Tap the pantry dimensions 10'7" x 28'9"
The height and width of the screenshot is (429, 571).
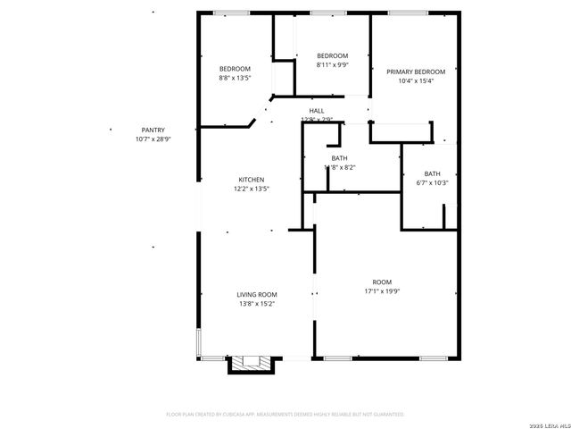[153, 139]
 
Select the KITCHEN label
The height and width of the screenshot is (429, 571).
[251, 180]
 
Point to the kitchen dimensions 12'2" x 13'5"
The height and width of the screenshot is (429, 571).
[251, 189]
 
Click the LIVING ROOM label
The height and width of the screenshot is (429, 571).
[256, 295]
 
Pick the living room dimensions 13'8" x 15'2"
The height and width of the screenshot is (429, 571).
[256, 304]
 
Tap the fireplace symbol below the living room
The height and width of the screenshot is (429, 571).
[250, 363]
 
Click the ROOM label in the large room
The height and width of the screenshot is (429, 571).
[382, 282]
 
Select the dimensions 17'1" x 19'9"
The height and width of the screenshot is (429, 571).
[382, 291]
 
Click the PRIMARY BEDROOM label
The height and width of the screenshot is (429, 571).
[416, 71]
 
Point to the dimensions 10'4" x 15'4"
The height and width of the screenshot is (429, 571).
[416, 81]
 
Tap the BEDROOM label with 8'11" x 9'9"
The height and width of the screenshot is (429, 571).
[332, 55]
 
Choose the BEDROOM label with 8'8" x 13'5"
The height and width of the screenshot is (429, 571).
[235, 69]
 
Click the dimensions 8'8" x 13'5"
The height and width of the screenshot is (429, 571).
[235, 78]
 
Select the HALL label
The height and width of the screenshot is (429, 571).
[317, 111]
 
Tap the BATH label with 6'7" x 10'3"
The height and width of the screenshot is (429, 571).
[432, 173]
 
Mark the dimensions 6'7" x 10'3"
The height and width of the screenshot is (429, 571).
[432, 183]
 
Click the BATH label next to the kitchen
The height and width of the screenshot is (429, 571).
[339, 158]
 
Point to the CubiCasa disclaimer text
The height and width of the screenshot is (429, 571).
[285, 415]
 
